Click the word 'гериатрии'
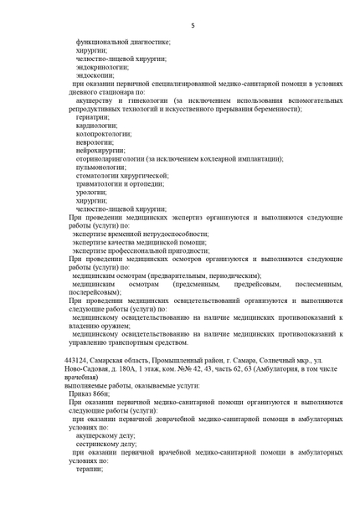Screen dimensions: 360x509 [x=92, y=117]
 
